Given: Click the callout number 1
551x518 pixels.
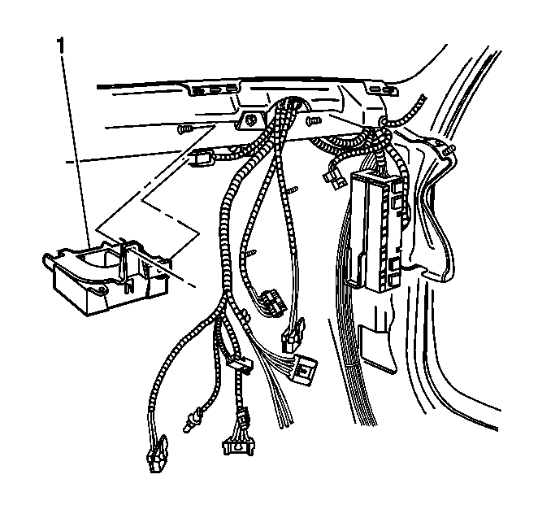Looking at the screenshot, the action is (61, 46).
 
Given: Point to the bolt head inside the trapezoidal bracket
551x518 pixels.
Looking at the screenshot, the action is (250, 120).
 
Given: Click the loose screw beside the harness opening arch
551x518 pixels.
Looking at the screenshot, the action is (313, 121).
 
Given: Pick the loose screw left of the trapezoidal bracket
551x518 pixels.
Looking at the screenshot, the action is (184, 129).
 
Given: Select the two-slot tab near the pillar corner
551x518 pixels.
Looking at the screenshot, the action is (382, 89).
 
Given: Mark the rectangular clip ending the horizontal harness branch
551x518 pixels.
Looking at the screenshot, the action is (202, 157).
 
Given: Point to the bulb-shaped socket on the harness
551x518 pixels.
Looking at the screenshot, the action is (192, 420).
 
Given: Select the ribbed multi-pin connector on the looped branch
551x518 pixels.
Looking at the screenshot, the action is (271, 302).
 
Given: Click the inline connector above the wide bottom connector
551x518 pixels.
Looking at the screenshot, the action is (242, 416).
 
